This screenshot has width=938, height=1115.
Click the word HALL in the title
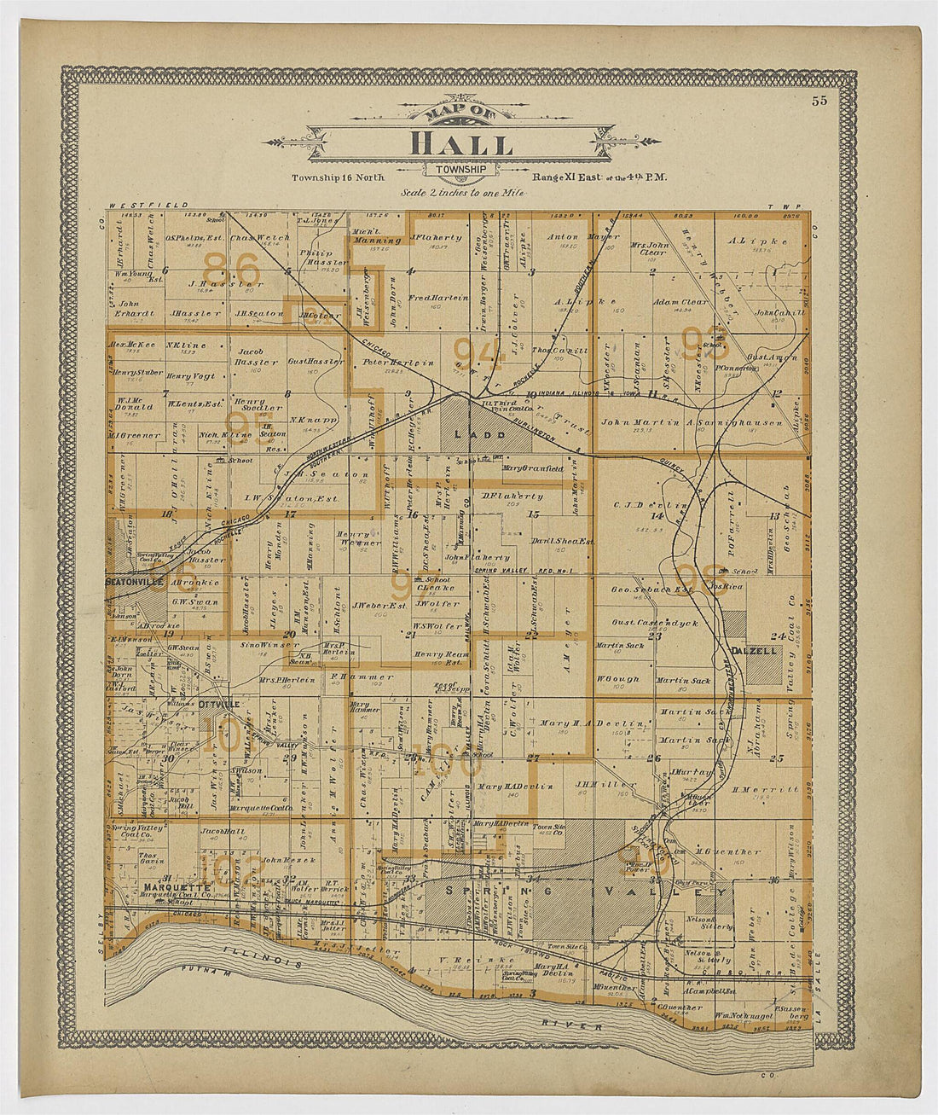point(461,144)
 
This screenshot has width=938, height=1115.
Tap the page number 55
point(819,101)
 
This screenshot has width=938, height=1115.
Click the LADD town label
point(470,434)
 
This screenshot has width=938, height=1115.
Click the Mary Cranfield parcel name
point(533,467)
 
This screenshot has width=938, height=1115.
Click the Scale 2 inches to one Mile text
point(462,193)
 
